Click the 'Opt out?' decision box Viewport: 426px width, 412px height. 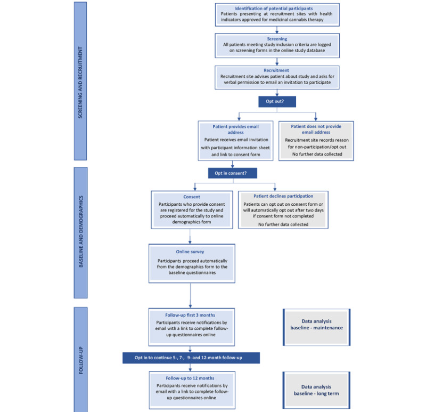click(275, 100)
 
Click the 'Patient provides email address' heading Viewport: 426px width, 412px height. click(235, 129)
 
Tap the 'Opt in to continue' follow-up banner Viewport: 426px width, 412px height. click(191, 358)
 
